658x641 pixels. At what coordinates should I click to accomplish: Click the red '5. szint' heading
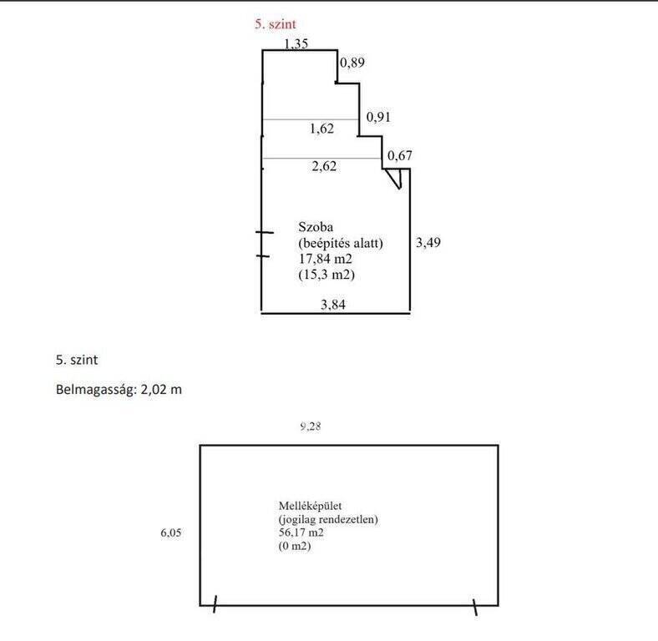276,24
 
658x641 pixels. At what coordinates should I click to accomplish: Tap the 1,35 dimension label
296,43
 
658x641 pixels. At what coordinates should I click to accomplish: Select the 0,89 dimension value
352,63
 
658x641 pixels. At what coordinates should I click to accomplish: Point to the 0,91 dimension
378,117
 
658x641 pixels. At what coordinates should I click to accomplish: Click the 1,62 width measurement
321,129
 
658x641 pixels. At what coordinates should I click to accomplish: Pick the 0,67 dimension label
399,155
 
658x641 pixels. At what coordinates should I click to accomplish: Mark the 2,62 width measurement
324,166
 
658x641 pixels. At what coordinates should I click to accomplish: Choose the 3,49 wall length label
428,243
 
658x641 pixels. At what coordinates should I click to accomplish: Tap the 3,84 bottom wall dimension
333,304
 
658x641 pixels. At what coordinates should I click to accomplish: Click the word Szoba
316,227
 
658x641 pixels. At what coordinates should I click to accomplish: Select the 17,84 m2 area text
325,259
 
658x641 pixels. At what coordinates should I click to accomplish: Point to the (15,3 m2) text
326,275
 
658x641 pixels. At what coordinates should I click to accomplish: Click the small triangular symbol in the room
394,179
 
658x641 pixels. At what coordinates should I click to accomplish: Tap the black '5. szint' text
77,360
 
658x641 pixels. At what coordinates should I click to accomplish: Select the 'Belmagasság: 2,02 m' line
119,390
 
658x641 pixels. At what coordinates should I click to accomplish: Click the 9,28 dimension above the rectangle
311,426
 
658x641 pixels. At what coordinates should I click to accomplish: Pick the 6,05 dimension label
171,532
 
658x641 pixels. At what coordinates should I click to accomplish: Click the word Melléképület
310,506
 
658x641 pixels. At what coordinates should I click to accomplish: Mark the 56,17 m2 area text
301,532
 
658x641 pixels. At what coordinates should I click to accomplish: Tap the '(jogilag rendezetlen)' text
328,519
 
